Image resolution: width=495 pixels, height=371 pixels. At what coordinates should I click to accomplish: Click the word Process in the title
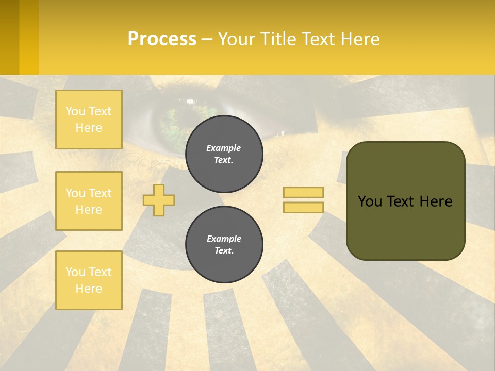coord(162,39)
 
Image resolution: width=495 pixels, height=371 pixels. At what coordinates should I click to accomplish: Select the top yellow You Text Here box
coord(89,120)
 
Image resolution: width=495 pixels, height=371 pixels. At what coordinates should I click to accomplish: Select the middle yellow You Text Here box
coord(89,201)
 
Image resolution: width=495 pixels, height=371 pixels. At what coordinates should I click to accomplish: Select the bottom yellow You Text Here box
coord(89,280)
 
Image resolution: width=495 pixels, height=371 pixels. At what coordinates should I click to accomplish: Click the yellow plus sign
coord(159,200)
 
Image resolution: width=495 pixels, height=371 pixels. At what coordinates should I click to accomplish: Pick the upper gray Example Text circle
coord(224,154)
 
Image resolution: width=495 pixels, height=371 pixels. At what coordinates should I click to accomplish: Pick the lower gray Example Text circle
coord(224,245)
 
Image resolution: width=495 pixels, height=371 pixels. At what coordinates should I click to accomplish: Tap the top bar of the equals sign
coord(303,193)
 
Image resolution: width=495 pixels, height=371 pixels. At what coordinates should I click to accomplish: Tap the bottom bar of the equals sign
coord(303,207)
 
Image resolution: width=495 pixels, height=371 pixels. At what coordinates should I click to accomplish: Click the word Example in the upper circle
coord(224,148)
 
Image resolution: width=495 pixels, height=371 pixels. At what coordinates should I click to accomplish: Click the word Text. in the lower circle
coord(224,251)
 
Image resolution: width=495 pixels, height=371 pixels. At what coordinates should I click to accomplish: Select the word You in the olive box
coord(369,201)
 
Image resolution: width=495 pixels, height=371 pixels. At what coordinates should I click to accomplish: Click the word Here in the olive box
coord(436,201)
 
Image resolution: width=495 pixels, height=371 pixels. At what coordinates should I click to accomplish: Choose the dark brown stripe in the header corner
coord(9,37)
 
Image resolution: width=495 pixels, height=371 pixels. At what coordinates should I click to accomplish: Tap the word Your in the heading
coord(235,39)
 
